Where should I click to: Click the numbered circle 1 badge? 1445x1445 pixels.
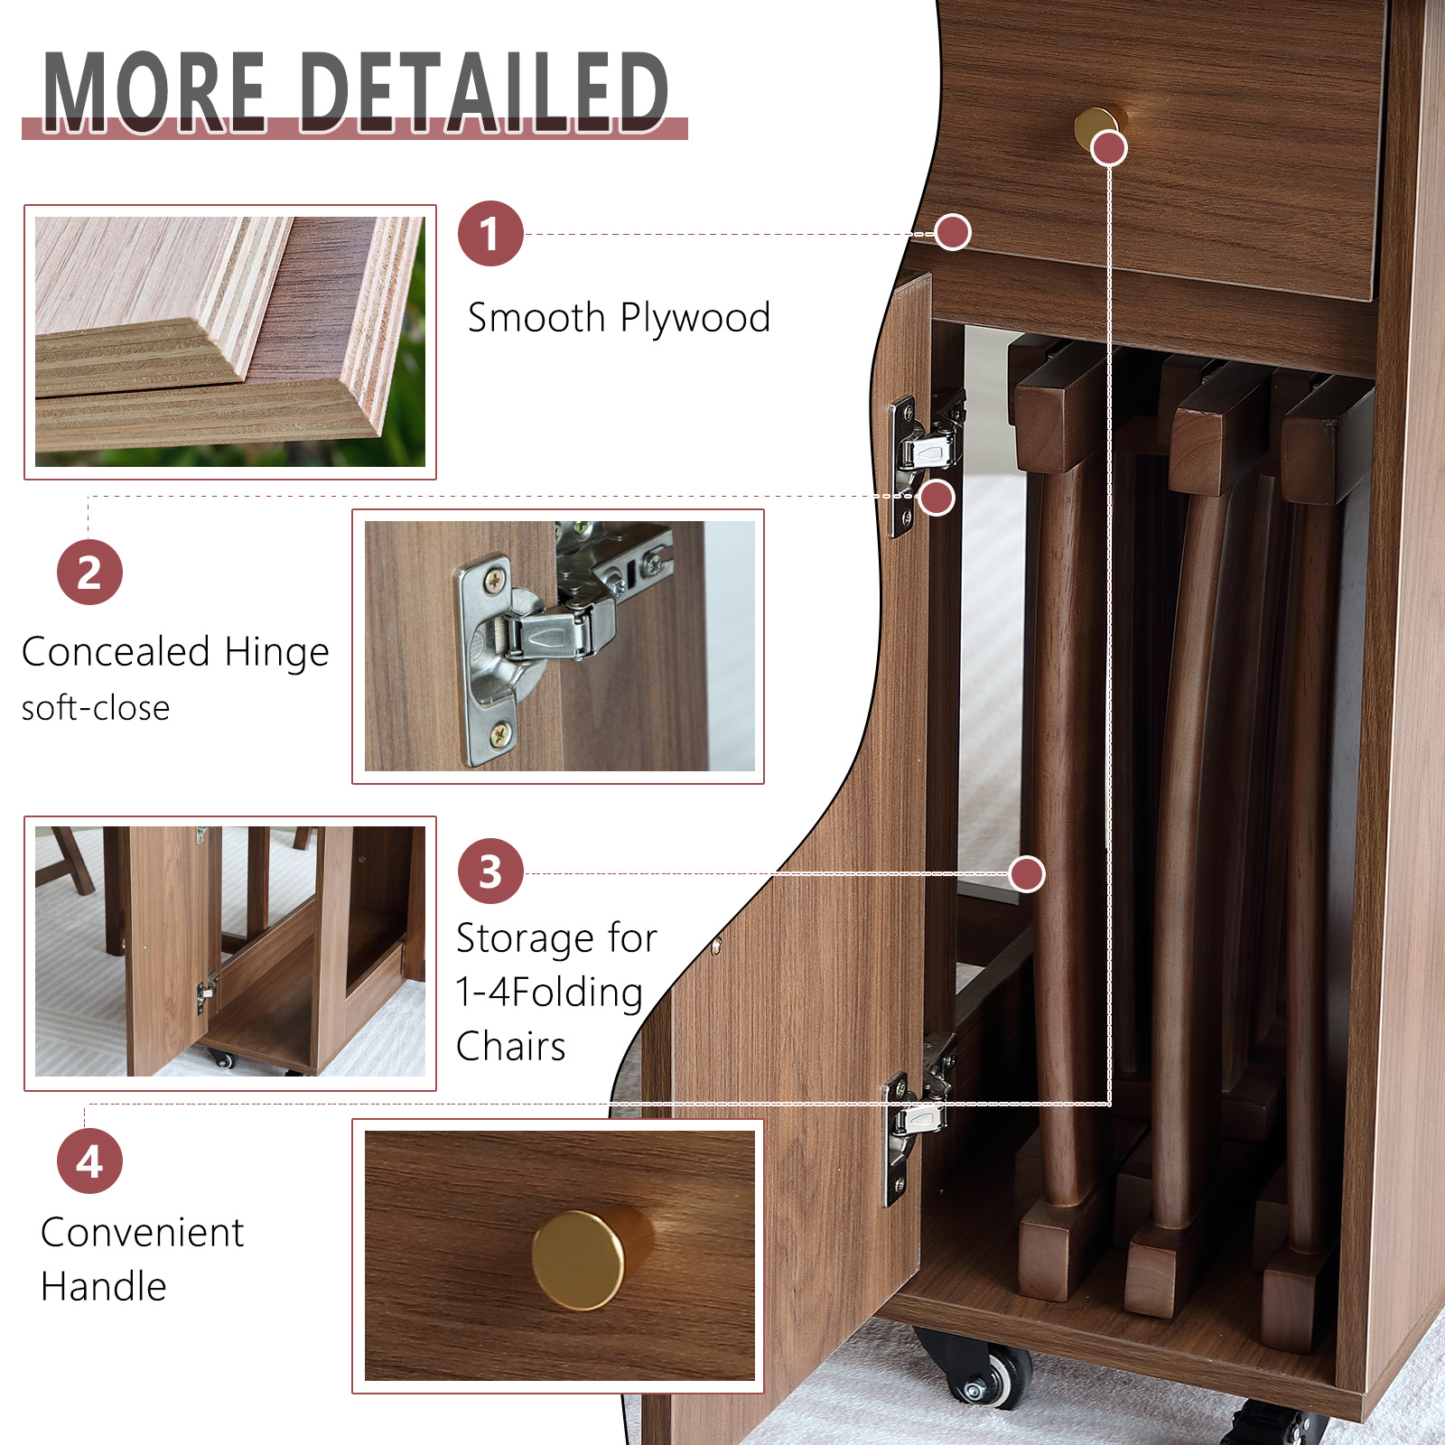490,233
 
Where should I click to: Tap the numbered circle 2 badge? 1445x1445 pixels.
89,573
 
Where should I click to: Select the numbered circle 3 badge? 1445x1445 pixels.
490,872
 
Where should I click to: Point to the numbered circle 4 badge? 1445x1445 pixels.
89,1161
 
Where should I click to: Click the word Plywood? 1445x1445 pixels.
695,319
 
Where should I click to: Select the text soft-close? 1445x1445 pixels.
96,708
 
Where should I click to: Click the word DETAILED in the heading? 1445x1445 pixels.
484,91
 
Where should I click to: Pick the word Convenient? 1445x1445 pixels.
143,1232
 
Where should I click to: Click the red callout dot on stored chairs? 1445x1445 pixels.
1027,874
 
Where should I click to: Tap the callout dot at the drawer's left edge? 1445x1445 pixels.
953,233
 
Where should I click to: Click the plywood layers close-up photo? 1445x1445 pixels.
230,341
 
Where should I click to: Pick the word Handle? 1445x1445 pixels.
104,1286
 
